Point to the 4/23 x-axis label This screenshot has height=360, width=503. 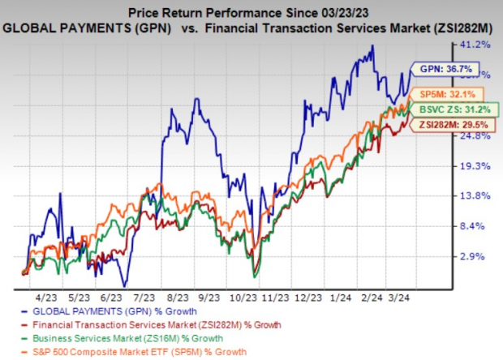click(45, 298)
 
